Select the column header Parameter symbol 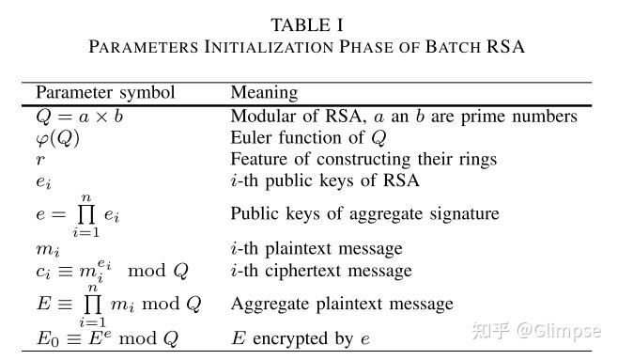(x=105, y=92)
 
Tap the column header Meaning (x=264, y=92)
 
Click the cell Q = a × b (x=79, y=117)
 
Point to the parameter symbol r (x=39, y=159)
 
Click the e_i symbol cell (x=43, y=180)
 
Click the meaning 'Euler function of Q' (x=309, y=138)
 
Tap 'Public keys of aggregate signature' (x=364, y=213)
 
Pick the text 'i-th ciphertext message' (x=321, y=271)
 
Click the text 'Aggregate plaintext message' (x=342, y=304)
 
